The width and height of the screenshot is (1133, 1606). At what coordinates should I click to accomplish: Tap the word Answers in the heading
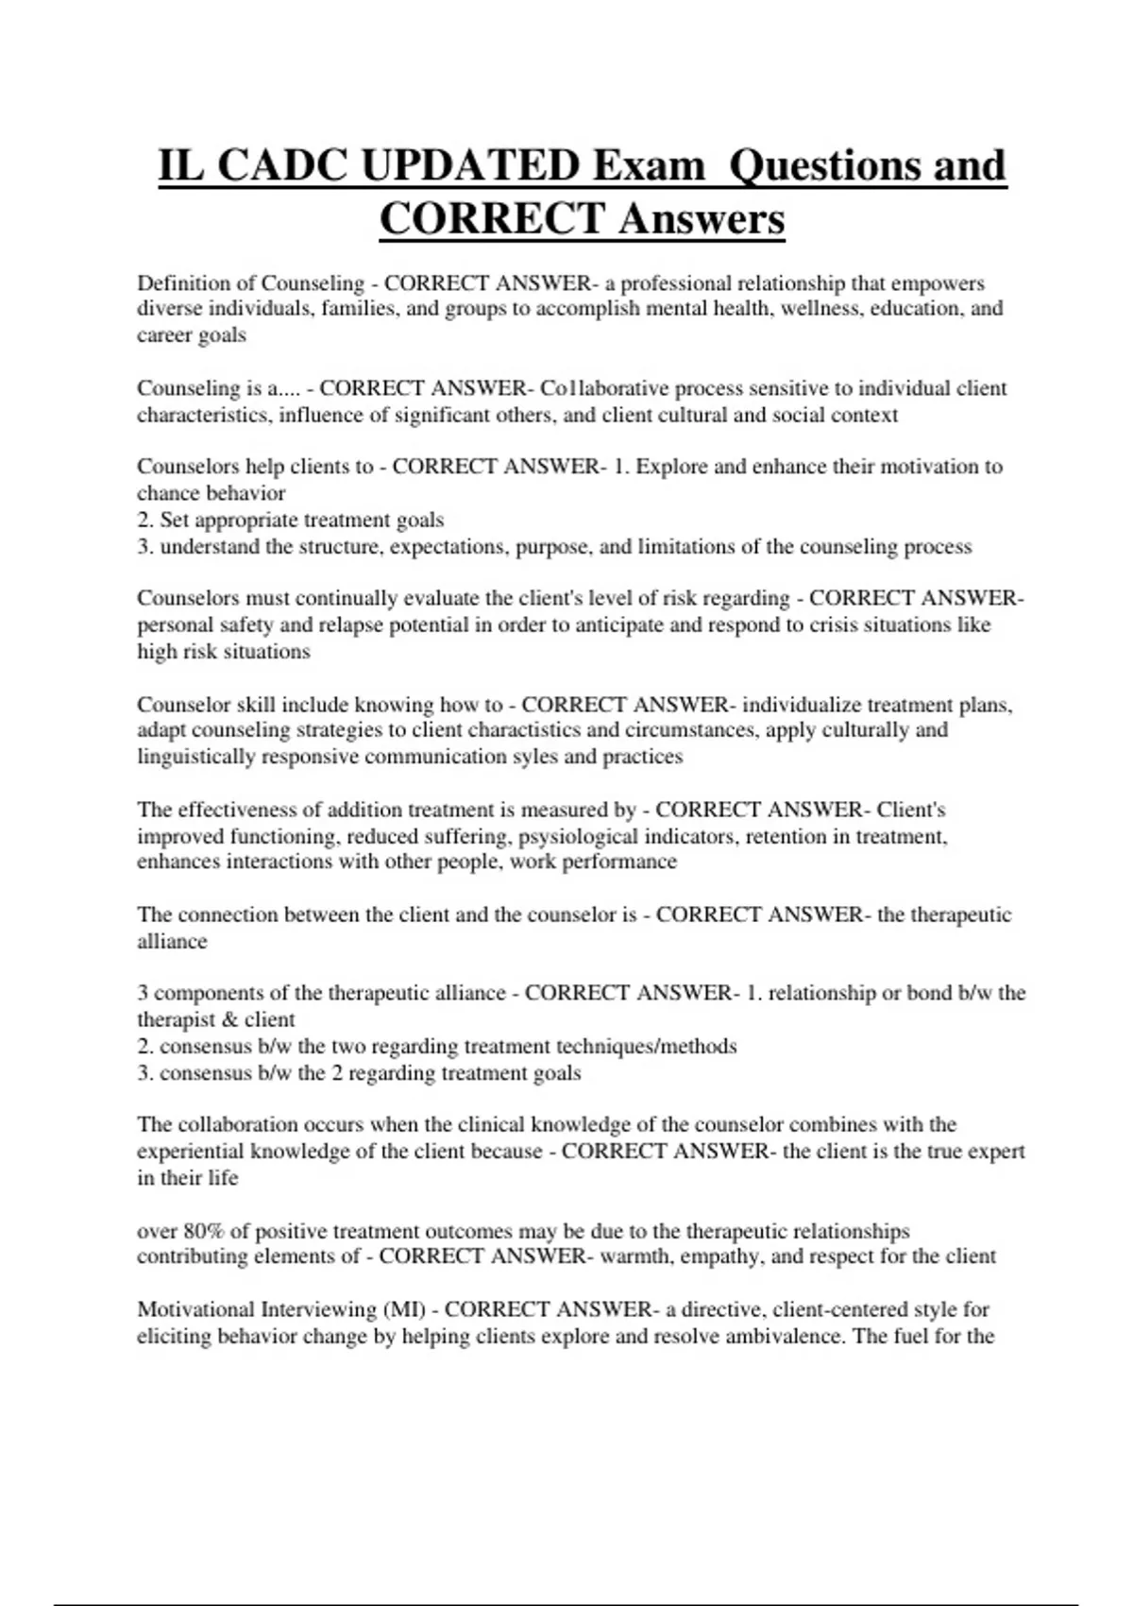(702, 220)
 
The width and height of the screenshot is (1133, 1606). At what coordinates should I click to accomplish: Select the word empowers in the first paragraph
(938, 283)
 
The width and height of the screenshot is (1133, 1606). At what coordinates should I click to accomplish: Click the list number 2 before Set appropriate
(144, 521)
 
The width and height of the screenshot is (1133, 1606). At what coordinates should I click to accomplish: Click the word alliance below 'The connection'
(172, 942)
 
